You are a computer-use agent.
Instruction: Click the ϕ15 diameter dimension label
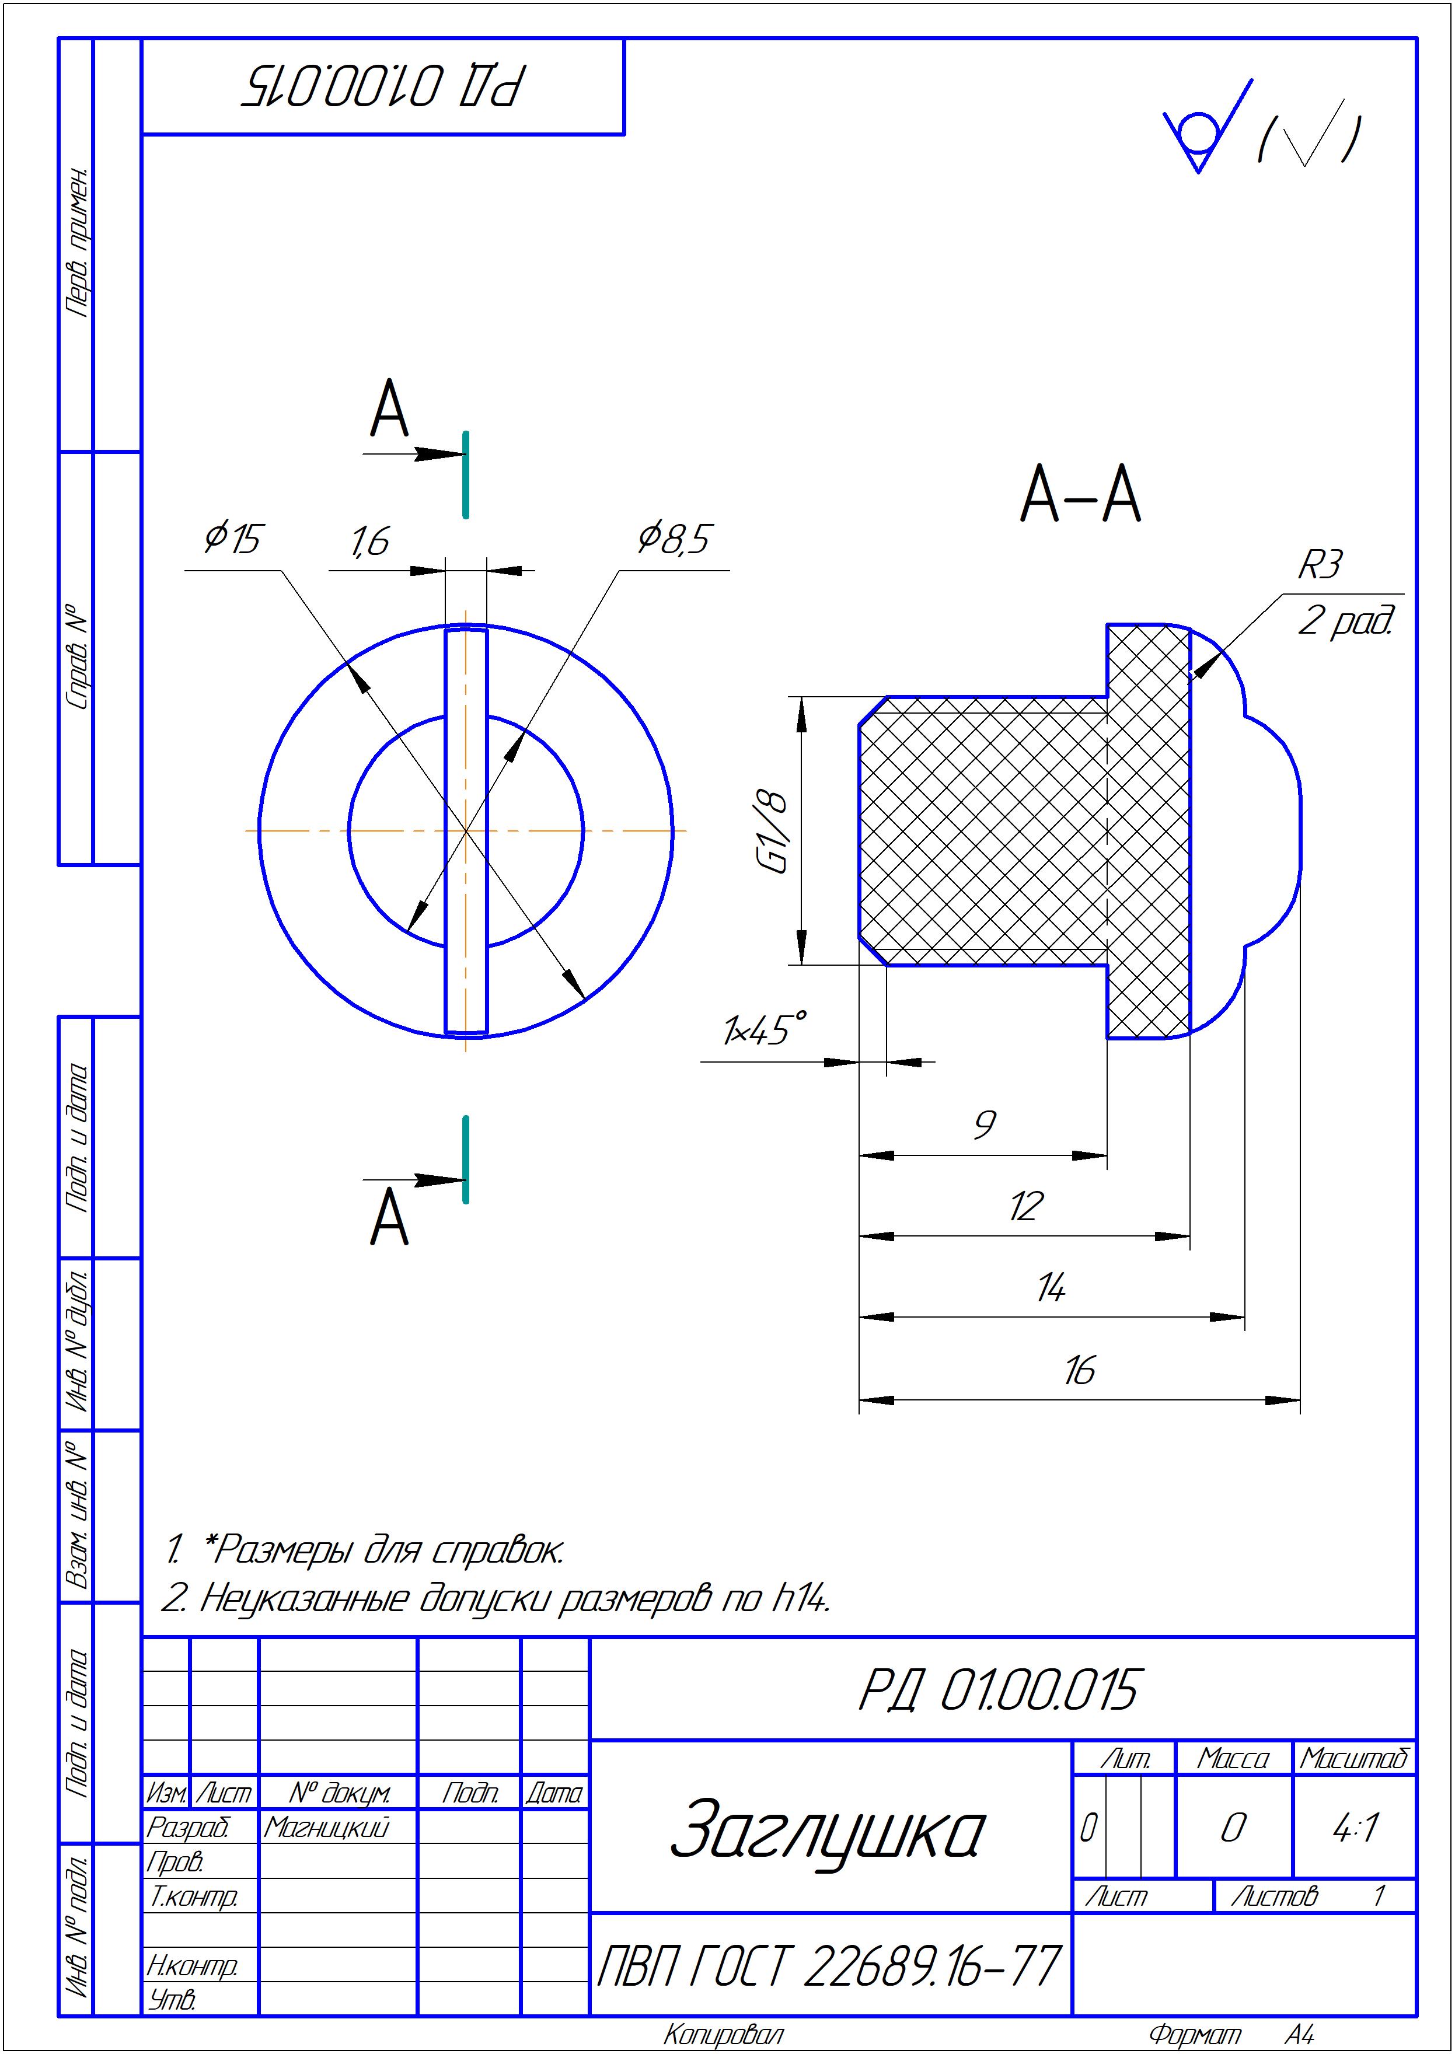232,539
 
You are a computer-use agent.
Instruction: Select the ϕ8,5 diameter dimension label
673,539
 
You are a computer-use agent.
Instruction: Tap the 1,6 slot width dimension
368,541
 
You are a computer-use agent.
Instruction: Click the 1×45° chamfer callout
763,1030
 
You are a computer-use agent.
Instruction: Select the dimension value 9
984,1124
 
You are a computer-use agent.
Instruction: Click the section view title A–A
1080,494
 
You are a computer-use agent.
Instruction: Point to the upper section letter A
389,410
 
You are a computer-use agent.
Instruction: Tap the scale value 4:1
1355,1828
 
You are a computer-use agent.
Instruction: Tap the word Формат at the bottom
1194,2034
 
